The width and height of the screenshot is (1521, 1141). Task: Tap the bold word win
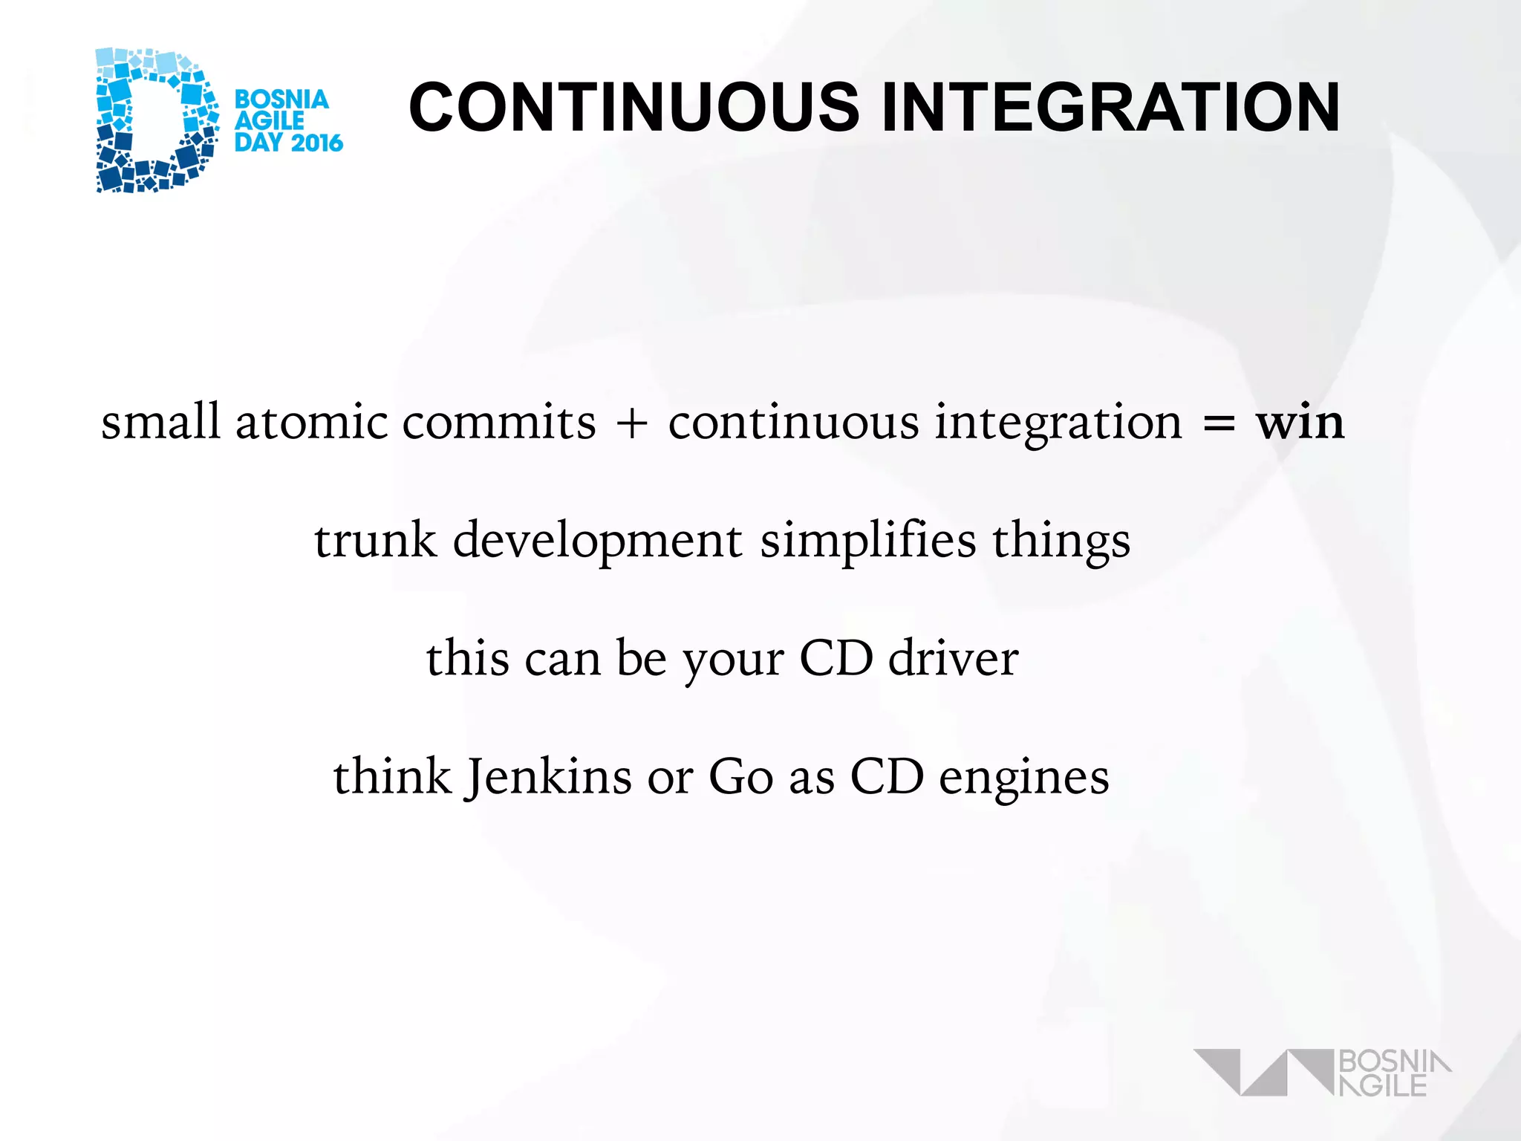tap(1300, 422)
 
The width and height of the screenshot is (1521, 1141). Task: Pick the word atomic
tap(311, 422)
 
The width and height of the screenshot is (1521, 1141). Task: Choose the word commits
tap(499, 422)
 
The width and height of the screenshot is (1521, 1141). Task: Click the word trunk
tap(375, 540)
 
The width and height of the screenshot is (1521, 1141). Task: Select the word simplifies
tap(867, 540)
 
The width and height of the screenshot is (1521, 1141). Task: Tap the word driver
tap(954, 658)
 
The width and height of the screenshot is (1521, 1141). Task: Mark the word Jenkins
tap(549, 777)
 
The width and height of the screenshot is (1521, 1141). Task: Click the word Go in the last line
tap(740, 777)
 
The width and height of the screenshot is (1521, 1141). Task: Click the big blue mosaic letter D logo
tap(156, 120)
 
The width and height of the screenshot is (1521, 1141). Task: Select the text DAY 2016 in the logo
tap(289, 142)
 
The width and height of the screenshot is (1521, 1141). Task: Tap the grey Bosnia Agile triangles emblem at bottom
tap(1263, 1072)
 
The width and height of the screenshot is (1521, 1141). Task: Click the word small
tap(160, 422)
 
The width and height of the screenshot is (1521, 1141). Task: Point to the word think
tap(392, 777)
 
